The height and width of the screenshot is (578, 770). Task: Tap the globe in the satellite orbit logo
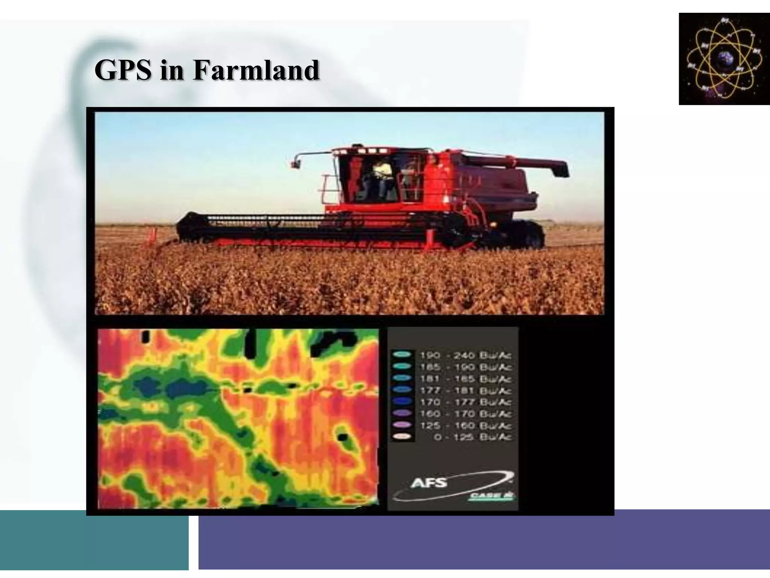click(725, 59)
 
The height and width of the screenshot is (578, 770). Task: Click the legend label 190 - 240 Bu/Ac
click(465, 355)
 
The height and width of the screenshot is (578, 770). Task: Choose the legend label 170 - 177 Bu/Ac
click(465, 402)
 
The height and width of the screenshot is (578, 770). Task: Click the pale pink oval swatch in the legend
click(402, 437)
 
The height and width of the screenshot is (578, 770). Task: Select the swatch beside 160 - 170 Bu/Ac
click(402, 413)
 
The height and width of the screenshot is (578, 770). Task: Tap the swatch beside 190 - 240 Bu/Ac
click(402, 354)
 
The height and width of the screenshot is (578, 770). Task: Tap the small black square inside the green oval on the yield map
click(342, 437)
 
